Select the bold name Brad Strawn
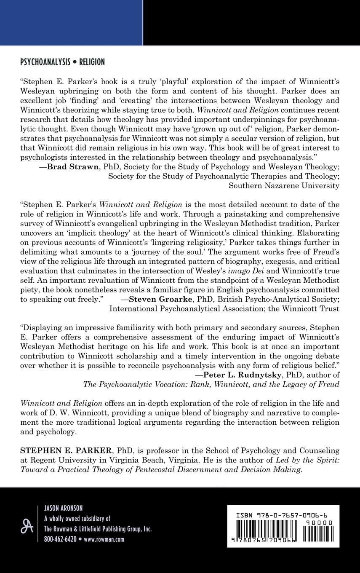pos(67,167)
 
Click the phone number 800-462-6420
pos(60,539)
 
